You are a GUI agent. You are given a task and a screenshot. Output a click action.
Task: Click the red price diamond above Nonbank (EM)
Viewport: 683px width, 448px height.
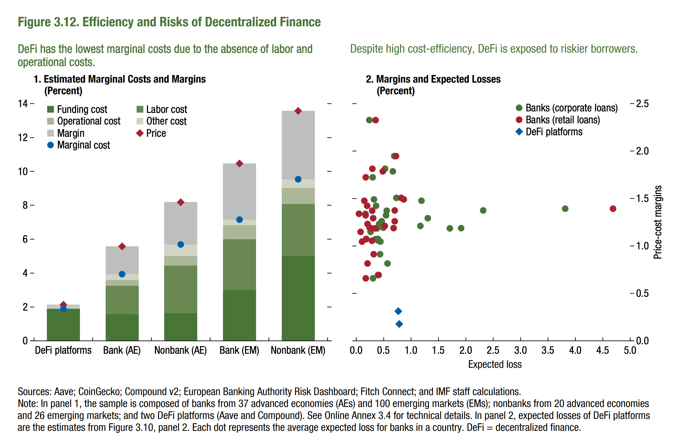pos(298,111)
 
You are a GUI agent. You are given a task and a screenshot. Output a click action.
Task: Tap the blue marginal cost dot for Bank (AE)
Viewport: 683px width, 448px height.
pos(122,274)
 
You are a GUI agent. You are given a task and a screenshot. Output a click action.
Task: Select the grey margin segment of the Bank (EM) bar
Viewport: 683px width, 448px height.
pos(239,191)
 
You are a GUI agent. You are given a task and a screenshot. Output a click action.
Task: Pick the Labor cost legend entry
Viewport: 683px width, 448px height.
pos(162,109)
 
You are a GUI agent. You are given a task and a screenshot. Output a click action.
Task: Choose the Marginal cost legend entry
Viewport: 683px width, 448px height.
pos(79,145)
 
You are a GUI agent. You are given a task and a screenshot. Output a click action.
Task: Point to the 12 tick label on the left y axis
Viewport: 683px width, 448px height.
pos(23,138)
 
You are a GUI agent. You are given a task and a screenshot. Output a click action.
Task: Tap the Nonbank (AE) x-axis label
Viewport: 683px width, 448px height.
pos(180,350)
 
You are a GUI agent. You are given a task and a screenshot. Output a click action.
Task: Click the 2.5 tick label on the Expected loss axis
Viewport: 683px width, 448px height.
pos(493,350)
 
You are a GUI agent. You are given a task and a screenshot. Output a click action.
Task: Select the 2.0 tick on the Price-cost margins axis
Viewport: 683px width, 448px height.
pos(642,151)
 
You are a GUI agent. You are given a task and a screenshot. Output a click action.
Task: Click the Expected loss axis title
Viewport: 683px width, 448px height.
pos(495,364)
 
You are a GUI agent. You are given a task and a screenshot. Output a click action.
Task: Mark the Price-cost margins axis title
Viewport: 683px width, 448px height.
pos(657,222)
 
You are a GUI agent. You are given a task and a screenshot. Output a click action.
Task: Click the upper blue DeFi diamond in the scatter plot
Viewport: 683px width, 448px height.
pos(398,311)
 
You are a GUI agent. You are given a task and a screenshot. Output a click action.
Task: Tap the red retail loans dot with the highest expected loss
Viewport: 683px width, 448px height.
pos(613,209)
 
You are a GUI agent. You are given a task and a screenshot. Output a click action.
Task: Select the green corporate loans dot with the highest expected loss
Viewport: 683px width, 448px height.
pos(565,209)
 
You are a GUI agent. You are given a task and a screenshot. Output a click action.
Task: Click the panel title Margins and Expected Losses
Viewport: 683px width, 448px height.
pos(438,79)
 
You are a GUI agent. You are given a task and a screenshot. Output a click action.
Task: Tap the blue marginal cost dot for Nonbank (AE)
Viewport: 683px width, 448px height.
pos(180,245)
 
